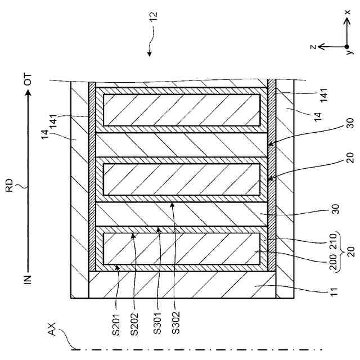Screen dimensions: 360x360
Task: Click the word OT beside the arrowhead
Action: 27,80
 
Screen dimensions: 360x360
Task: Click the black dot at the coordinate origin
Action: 344,47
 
